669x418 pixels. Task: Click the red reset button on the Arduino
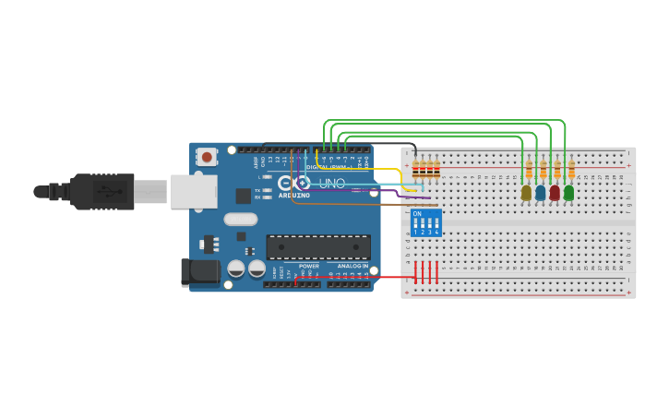(x=207, y=157)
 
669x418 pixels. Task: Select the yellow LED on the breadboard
(x=526, y=193)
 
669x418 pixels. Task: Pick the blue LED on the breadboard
(x=540, y=193)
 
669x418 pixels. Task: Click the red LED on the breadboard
(x=555, y=193)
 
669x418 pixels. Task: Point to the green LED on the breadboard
(x=568, y=193)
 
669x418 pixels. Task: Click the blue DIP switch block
(x=425, y=223)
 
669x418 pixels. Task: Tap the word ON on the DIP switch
(x=417, y=214)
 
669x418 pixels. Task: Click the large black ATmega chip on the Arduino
(x=318, y=246)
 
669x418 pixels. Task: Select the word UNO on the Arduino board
(x=332, y=184)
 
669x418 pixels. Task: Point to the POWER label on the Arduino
(x=308, y=266)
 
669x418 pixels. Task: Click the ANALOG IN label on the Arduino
(x=352, y=266)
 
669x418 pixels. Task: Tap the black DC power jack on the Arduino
(x=200, y=272)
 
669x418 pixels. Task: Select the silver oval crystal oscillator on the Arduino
(x=240, y=220)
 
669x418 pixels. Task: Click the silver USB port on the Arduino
(x=194, y=192)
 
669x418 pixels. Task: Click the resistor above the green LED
(x=571, y=170)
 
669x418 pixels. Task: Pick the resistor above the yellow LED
(x=529, y=170)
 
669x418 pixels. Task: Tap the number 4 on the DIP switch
(x=436, y=233)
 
